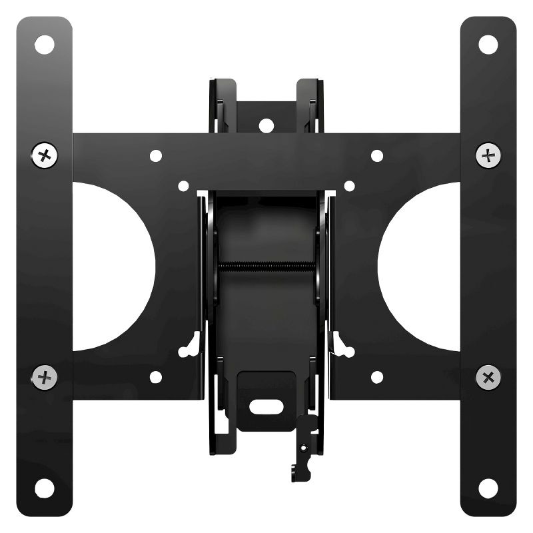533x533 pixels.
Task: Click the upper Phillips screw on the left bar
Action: pos(45,156)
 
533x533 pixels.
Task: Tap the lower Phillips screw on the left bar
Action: pos(45,377)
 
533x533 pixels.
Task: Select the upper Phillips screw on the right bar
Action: pos(488,156)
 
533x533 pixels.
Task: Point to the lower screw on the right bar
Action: pos(488,377)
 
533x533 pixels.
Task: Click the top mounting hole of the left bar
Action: pos(45,45)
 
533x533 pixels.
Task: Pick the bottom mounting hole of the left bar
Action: pos(45,488)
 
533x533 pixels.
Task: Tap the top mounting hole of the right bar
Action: pos(488,45)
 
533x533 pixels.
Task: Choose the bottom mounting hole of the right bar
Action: pos(488,488)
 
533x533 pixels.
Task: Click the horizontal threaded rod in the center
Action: pos(266,267)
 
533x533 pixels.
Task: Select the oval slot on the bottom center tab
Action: pos(266,402)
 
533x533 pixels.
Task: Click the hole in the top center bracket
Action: pos(266,125)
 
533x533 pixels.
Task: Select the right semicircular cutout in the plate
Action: pos(420,266)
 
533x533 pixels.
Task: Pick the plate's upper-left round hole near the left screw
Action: pos(156,156)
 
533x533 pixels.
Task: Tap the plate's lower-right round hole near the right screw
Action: pos(377,377)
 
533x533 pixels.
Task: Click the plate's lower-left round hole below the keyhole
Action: pos(156,377)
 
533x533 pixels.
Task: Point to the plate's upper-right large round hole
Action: pos(377,156)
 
